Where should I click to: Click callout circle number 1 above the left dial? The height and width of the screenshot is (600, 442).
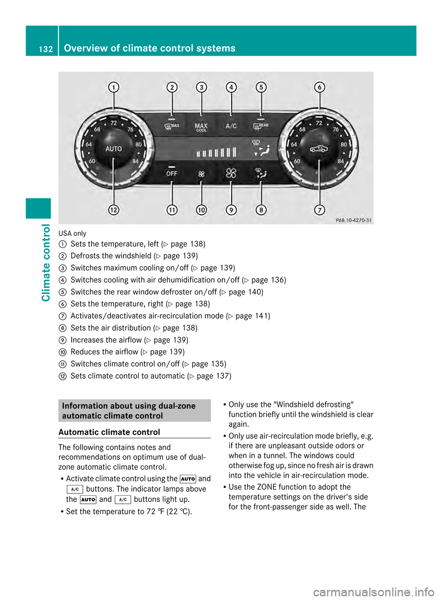coord(114,87)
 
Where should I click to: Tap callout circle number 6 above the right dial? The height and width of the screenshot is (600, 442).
coord(320,87)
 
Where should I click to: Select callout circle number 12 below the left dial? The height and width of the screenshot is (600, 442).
coord(114,210)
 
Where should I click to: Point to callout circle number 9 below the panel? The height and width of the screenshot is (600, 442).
coord(231,210)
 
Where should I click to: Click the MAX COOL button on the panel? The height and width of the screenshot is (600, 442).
coord(201,127)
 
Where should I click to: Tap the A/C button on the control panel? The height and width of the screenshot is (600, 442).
coord(231,126)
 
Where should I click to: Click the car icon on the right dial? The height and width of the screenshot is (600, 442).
coord(319,148)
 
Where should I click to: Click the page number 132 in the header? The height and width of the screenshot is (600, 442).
coord(46,49)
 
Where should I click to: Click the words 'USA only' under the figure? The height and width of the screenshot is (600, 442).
coord(72,233)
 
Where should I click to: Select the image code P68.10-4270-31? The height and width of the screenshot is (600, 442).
coord(354,220)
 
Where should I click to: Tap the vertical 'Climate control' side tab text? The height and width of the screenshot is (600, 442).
coord(46,262)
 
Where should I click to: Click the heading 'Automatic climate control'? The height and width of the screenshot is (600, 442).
coord(109,432)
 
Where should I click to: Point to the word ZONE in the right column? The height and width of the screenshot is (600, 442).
coord(267,487)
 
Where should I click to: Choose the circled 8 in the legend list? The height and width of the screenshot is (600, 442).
coord(63,328)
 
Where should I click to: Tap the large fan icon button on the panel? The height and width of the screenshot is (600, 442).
coord(231,173)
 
